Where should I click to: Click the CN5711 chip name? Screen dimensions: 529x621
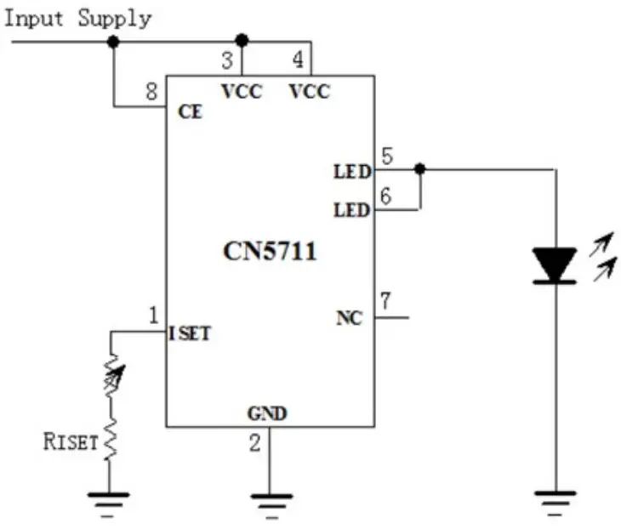(270, 252)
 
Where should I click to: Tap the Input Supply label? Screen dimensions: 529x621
(78, 18)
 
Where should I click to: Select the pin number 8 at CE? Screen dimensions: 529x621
(151, 91)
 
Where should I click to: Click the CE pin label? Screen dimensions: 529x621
(191, 111)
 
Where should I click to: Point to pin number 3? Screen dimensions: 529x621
(227, 61)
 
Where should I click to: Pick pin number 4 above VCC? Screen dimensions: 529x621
(297, 61)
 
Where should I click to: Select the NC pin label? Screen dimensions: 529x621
(349, 319)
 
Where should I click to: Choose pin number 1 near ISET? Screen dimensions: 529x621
(153, 316)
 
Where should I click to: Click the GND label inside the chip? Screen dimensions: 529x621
(267, 414)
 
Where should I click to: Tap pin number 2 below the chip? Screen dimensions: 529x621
(254, 442)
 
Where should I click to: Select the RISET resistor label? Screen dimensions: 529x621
(71, 442)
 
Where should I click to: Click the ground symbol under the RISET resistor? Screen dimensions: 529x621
(108, 499)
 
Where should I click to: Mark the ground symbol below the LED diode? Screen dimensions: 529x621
(555, 499)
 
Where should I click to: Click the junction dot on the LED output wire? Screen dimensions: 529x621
(419, 169)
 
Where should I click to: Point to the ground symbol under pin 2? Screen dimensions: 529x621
(271, 501)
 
